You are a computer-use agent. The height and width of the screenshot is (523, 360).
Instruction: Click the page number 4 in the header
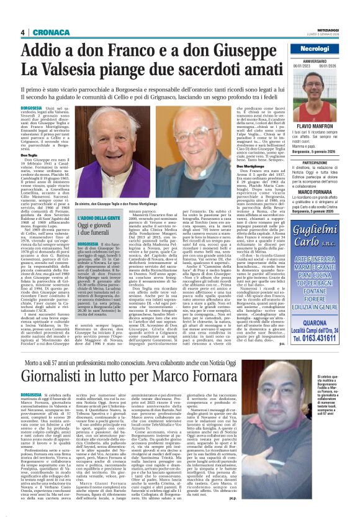click(22, 33)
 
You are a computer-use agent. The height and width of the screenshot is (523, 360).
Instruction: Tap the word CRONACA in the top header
click(43, 33)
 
